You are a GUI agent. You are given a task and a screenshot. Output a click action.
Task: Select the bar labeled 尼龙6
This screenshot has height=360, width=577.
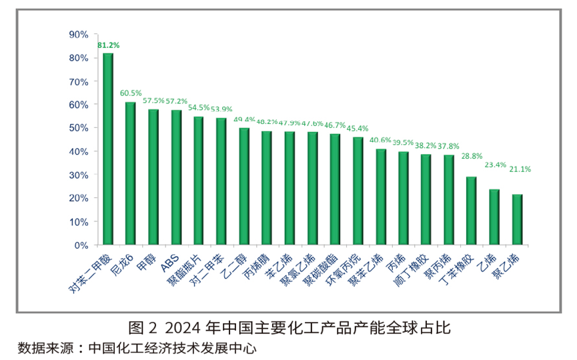(131, 173)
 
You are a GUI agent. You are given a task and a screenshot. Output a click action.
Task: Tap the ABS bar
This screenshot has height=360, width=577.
(176, 177)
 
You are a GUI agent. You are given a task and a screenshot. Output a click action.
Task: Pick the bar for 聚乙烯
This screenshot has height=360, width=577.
(517, 219)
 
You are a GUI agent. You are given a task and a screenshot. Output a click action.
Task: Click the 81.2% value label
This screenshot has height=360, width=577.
(108, 45)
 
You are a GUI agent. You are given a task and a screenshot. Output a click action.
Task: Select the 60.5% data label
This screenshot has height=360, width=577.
(131, 93)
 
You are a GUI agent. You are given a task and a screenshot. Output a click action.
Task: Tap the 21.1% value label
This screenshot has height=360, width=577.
(520, 169)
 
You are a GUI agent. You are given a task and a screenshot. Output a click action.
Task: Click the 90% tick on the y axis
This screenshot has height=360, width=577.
(79, 34)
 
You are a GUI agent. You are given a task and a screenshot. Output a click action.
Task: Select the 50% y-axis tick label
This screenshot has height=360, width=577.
(79, 128)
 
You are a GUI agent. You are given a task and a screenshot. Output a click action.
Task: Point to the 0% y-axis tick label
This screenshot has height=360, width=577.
(81, 245)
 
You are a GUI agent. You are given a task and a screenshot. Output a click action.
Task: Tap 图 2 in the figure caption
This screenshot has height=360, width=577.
(141, 328)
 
